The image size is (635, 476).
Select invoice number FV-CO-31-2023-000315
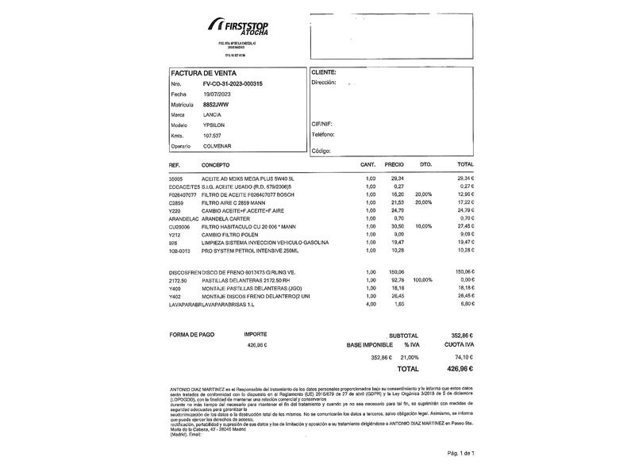coord(233,83)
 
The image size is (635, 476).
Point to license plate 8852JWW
coord(215,104)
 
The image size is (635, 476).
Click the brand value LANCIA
coord(213,115)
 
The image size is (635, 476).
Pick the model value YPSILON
coord(214,125)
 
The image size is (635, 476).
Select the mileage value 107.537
coord(212,136)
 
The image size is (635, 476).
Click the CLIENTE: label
coord(324,72)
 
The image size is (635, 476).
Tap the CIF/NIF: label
coord(322,125)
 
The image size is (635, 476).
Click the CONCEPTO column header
coord(215,165)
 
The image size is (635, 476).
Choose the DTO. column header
coord(425,165)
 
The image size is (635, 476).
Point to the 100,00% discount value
coord(423,280)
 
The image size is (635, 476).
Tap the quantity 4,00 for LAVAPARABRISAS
coord(370,303)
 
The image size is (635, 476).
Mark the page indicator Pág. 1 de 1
coord(460,453)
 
